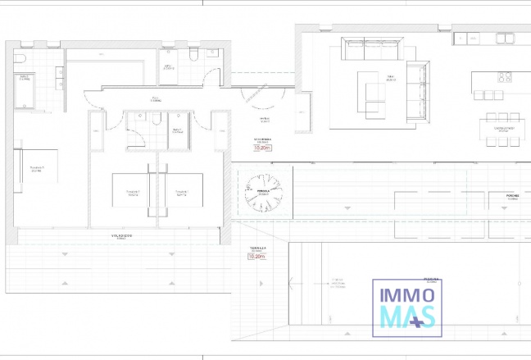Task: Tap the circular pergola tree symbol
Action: [264, 193]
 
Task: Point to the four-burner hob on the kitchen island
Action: [504, 79]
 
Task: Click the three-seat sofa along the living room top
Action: [371, 51]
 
